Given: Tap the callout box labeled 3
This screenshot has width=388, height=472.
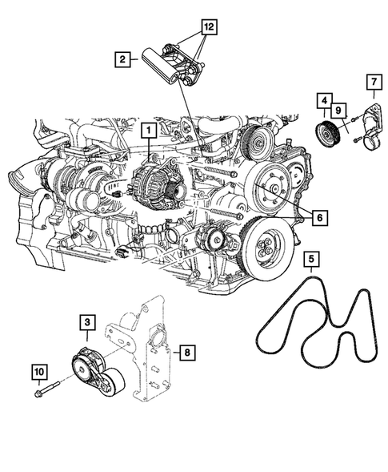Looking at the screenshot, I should point(86,322).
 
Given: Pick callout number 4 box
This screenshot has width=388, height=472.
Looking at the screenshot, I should point(323,101).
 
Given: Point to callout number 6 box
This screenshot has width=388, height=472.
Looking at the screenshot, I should point(318,216).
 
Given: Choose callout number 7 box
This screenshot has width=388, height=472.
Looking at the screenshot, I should point(372,81).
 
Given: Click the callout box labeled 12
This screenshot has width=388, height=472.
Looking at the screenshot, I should point(208,27).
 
